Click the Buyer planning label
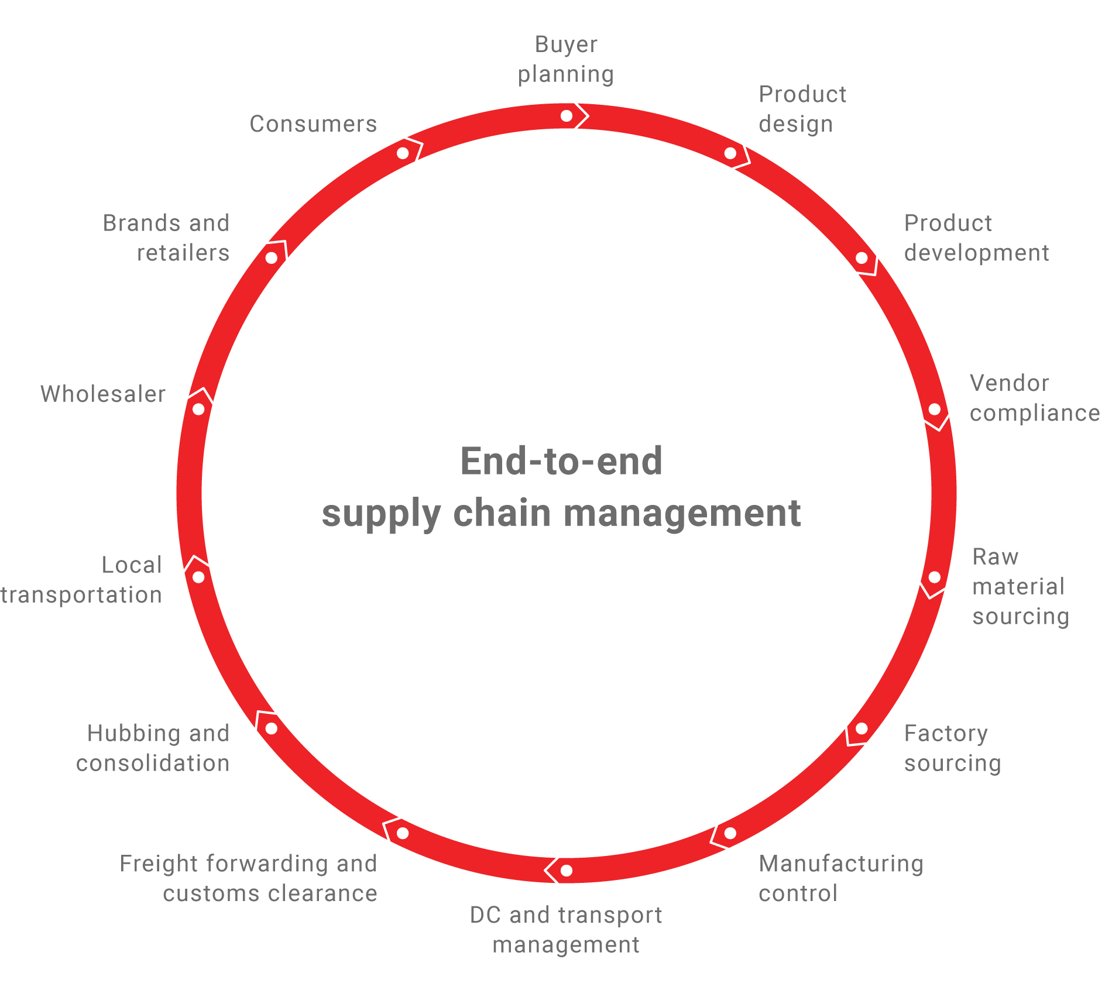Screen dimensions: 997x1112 566,60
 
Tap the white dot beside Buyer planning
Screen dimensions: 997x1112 567,116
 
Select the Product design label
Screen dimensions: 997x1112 802,109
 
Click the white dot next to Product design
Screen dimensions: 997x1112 730,153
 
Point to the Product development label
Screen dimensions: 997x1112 976,238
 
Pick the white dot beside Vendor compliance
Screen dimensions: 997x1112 935,410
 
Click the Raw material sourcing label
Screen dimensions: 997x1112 1020,586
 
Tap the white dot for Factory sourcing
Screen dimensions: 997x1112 862,728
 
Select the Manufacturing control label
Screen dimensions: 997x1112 840,878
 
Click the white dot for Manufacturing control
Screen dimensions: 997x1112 730,833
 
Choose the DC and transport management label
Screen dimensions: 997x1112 566,930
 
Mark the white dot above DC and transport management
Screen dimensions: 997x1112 567,871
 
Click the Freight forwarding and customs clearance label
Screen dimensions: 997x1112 249,878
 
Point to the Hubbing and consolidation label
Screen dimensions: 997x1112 153,748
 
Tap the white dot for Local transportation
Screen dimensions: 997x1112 198,577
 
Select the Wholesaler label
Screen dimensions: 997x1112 103,394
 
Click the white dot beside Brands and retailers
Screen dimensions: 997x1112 272,258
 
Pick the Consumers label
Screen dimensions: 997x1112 313,124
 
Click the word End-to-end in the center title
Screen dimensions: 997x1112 561,462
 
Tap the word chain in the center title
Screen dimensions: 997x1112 502,513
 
